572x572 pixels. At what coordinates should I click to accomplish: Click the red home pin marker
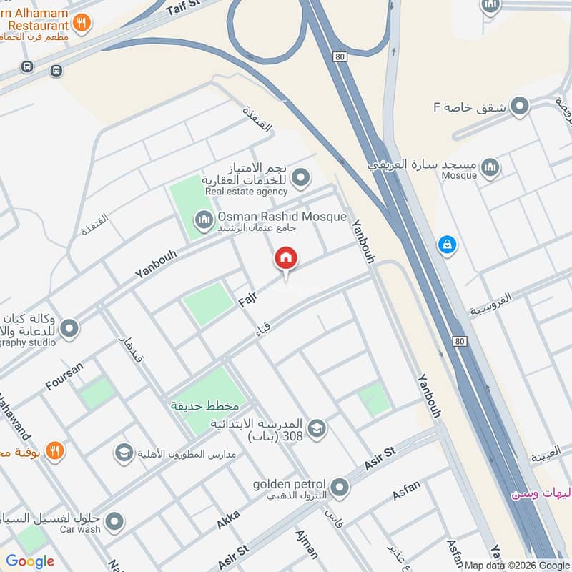pos(286,259)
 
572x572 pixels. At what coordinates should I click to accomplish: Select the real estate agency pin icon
pos(302,176)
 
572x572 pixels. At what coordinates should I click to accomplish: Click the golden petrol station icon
pos(340,488)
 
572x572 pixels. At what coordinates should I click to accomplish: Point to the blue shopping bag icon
pos(447,245)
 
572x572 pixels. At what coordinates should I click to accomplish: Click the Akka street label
pos(229,520)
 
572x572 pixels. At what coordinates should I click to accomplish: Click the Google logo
pos(30,561)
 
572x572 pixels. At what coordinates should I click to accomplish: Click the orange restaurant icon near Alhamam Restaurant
pos(82,24)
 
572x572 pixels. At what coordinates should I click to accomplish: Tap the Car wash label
pos(80,529)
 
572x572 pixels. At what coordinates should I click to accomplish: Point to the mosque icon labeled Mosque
pos(490,168)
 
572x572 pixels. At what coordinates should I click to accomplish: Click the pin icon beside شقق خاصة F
pos(520,107)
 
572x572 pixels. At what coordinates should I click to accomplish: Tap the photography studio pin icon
pos(69,329)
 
